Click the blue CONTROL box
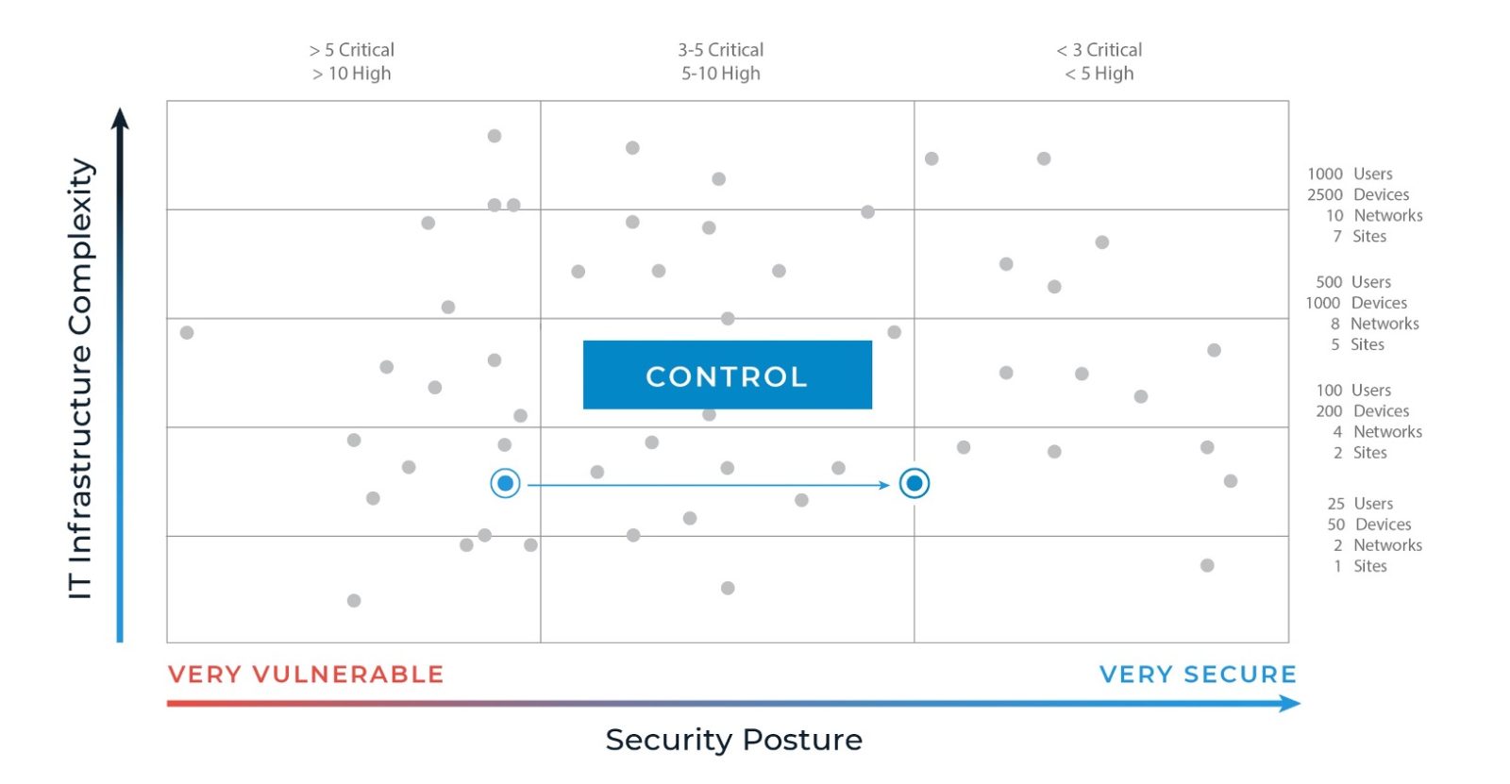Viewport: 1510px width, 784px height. (x=727, y=375)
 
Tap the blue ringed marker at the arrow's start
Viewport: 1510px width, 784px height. (x=505, y=483)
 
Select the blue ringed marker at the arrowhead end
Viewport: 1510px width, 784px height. (x=914, y=483)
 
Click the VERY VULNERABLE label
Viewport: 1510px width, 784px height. (x=306, y=675)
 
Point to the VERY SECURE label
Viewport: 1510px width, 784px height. (x=1198, y=675)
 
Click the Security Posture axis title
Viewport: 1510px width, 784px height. (x=733, y=740)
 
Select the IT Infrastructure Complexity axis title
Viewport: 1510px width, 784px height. (x=81, y=377)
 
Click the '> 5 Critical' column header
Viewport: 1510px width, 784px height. (x=352, y=50)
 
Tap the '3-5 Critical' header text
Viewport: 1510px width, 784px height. (x=721, y=50)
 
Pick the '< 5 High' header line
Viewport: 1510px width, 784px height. (x=1099, y=74)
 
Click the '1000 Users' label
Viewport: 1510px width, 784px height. (x=1350, y=174)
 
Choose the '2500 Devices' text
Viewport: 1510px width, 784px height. (x=1358, y=194)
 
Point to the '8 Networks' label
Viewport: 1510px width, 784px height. (x=1374, y=324)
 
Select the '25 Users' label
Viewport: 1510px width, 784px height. (x=1360, y=504)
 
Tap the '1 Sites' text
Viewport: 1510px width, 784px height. (x=1360, y=566)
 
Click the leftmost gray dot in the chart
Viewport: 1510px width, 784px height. (x=187, y=332)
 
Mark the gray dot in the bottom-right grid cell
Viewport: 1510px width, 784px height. (x=1207, y=565)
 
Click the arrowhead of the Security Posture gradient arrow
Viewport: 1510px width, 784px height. (x=1291, y=703)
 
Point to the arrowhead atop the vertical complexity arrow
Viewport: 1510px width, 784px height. (x=120, y=117)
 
